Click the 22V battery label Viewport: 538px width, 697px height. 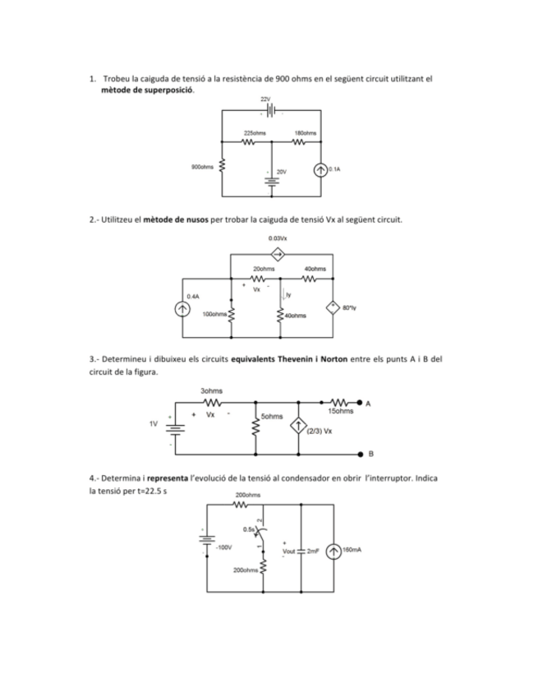[264, 99]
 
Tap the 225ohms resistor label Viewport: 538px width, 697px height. [255, 132]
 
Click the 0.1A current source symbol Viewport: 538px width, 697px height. [320, 170]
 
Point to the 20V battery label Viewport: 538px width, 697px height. [281, 172]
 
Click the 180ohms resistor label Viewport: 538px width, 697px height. [306, 132]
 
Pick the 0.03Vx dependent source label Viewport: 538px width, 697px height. [278, 238]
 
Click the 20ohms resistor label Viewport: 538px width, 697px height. [264, 269]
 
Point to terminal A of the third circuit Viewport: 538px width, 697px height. [360, 404]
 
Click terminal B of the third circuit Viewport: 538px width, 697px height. [360, 453]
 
